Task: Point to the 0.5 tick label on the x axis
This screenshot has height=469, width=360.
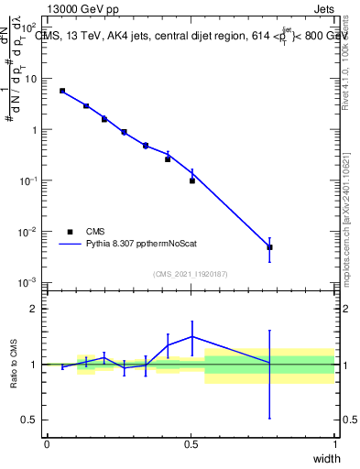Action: pos(191,443)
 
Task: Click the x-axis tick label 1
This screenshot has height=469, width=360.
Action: pos(334,443)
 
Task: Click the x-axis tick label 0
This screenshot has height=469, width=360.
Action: pos(47,443)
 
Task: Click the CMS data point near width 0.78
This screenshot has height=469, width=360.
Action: pos(269,247)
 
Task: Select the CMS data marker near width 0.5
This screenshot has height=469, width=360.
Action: pos(192,180)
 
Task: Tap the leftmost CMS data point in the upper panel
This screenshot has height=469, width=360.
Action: pos(62,91)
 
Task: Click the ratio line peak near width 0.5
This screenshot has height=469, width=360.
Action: pos(192,336)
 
